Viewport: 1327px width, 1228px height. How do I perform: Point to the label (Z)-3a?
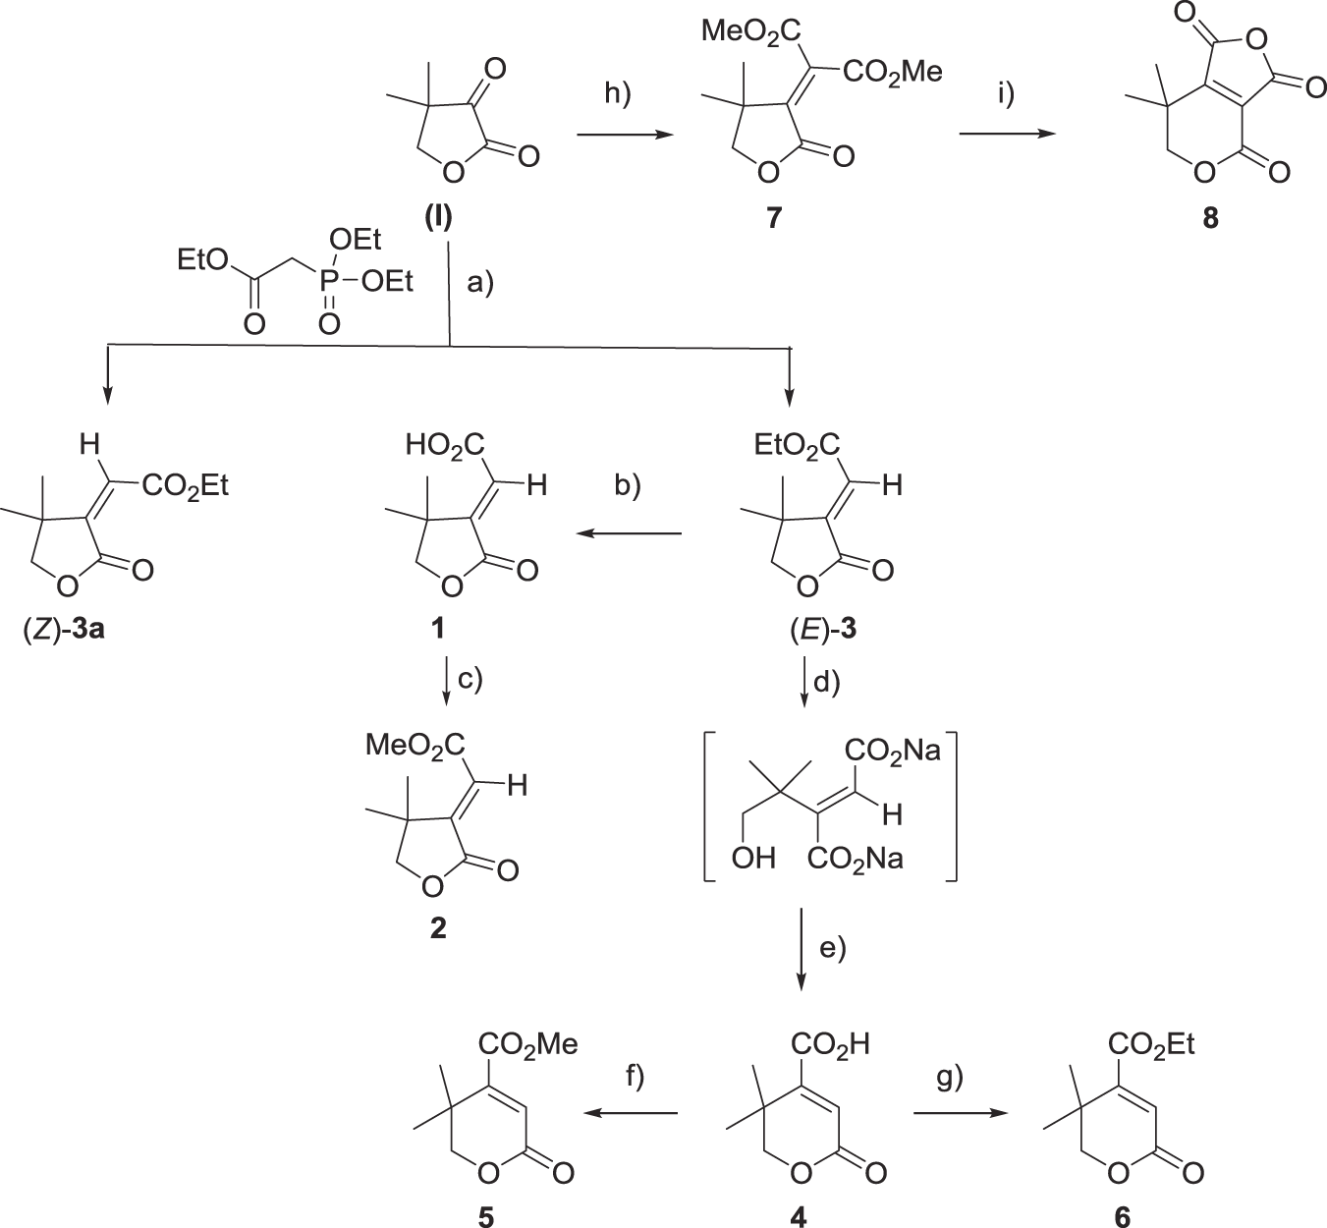click(x=67, y=629)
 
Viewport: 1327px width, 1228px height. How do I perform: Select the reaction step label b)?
click(x=625, y=487)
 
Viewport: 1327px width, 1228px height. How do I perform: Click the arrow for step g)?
click(x=963, y=1113)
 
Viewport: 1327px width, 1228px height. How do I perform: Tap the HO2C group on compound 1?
click(x=446, y=448)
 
